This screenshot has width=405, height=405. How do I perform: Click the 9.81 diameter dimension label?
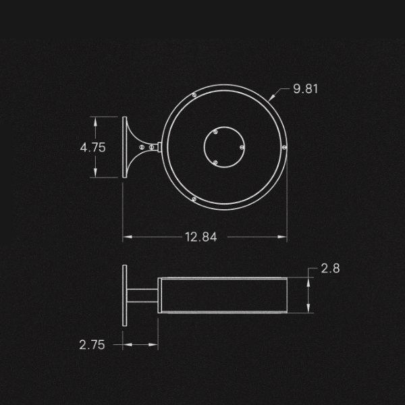pyautogui.click(x=305, y=89)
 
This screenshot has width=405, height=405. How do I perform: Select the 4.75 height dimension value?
pyautogui.click(x=92, y=148)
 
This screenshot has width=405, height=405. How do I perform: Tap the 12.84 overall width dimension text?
pyautogui.click(x=200, y=237)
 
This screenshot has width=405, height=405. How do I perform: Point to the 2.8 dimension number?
pyautogui.click(x=330, y=269)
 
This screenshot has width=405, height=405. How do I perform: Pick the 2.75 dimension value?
pyautogui.click(x=92, y=345)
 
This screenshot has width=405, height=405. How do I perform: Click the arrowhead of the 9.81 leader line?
pyautogui.click(x=271, y=100)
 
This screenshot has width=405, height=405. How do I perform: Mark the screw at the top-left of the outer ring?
pyautogui.click(x=194, y=95)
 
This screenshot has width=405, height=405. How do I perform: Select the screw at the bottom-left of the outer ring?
pyautogui.click(x=194, y=198)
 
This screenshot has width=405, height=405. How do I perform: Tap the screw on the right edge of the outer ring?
pyautogui.click(x=284, y=146)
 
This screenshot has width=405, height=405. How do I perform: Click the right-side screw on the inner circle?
pyautogui.click(x=242, y=147)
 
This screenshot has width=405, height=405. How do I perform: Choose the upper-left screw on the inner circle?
pyautogui.click(x=215, y=132)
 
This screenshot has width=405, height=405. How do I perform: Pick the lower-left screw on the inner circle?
pyautogui.click(x=215, y=162)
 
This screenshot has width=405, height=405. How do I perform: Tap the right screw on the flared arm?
pyautogui.click(x=151, y=146)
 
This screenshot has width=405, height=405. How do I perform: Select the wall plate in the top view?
pyautogui.click(x=125, y=147)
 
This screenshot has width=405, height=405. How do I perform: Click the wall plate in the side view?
pyautogui.click(x=125, y=295)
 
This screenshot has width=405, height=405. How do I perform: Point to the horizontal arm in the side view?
pyautogui.click(x=143, y=295)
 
